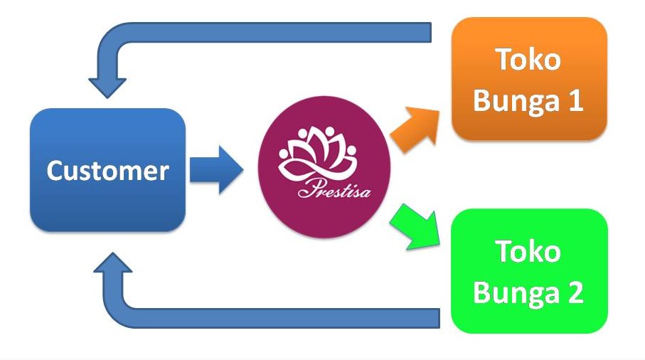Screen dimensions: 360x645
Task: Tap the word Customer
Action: click(x=107, y=171)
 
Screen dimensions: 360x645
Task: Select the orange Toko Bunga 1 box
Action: click(x=529, y=78)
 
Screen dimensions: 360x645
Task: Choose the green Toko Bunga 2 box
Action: click(x=529, y=270)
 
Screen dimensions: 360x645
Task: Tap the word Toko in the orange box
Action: click(x=528, y=60)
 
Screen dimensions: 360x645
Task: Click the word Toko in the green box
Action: click(x=528, y=251)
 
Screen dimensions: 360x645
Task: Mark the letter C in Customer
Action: click(x=55, y=171)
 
